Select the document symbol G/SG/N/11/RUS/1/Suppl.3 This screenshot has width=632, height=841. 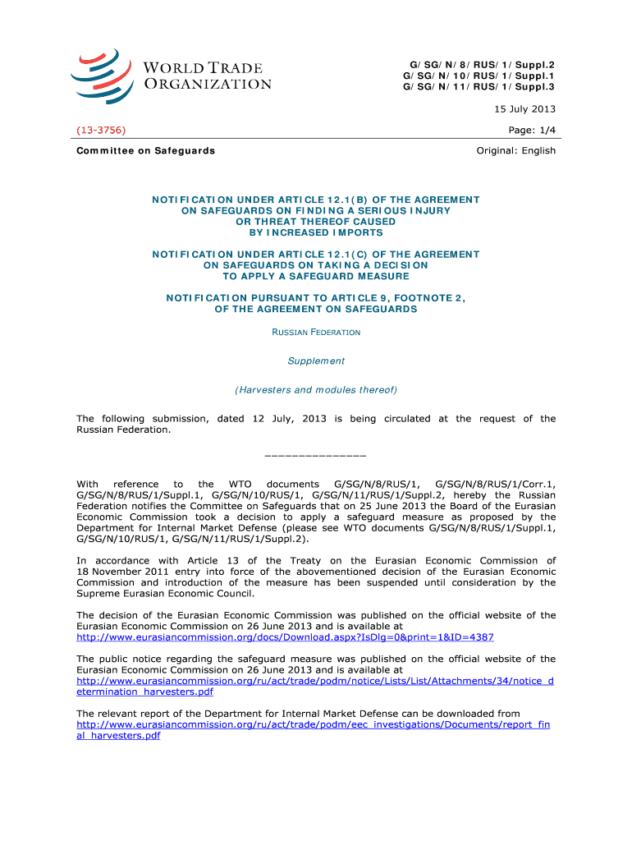point(479,86)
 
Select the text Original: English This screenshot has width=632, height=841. point(515,150)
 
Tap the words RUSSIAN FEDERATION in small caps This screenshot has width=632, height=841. point(316,332)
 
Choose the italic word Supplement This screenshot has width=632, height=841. point(316,361)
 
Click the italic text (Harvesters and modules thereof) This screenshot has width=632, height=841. point(316,389)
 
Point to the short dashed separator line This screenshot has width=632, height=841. point(316,454)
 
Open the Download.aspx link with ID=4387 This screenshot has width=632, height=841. point(285,636)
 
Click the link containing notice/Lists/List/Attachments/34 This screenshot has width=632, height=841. point(314,681)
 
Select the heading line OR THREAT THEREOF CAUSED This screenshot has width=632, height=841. point(316,221)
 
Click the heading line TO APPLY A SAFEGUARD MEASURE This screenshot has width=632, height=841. point(316,276)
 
